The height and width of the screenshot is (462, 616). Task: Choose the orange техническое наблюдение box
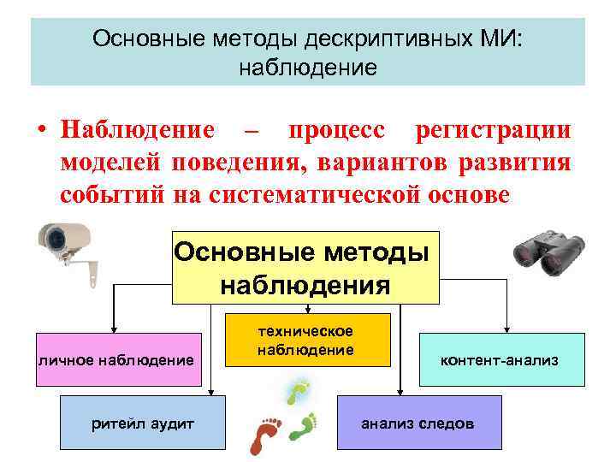click(307, 340)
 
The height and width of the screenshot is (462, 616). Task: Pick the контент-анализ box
click(501, 360)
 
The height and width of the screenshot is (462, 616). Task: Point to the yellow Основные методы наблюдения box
click(305, 267)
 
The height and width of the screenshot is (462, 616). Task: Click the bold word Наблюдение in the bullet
click(138, 130)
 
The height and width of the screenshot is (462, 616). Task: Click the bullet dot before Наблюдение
click(40, 131)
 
